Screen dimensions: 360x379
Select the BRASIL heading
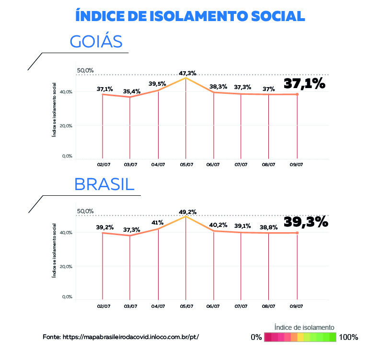coord(103,184)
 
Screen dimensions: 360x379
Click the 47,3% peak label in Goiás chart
coord(187,73)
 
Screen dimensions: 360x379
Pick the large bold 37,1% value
coord(305,84)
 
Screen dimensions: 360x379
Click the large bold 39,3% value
coord(306,222)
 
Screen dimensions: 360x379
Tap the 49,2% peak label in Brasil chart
coord(187,212)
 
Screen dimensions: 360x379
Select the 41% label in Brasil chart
coord(157,222)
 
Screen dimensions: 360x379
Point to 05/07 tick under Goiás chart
coord(186,165)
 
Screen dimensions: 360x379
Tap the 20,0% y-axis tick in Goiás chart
coord(67,125)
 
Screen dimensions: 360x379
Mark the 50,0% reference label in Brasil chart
coord(85,211)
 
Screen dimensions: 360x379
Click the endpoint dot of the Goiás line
coord(298,94)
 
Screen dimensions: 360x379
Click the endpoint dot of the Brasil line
coord(297,233)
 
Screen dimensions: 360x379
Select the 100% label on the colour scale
coord(348,337)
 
